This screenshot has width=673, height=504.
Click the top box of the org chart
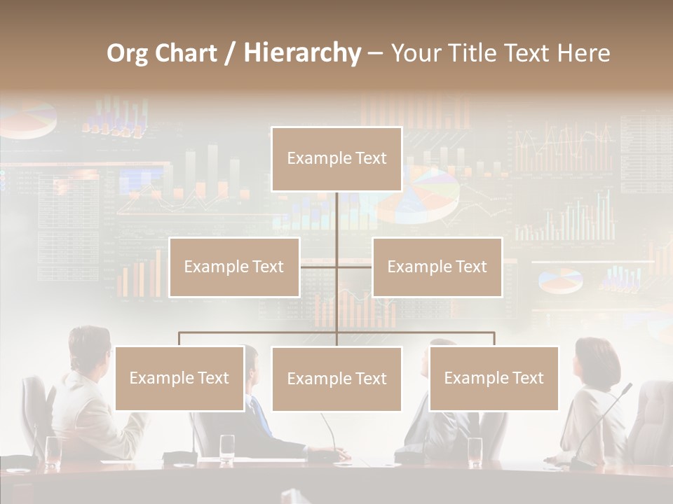point(336,159)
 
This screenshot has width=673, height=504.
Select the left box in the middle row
point(234,267)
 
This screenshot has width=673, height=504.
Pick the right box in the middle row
point(437,267)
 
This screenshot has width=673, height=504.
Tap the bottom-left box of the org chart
point(179,378)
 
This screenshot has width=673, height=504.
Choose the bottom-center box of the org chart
point(336,379)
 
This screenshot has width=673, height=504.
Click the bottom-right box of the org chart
point(494,378)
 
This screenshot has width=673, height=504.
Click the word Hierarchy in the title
point(302,52)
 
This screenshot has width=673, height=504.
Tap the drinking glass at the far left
point(53,451)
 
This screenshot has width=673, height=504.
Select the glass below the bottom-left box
point(227,448)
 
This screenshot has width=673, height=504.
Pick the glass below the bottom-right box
point(475,451)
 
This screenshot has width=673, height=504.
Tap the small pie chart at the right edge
point(560,280)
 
